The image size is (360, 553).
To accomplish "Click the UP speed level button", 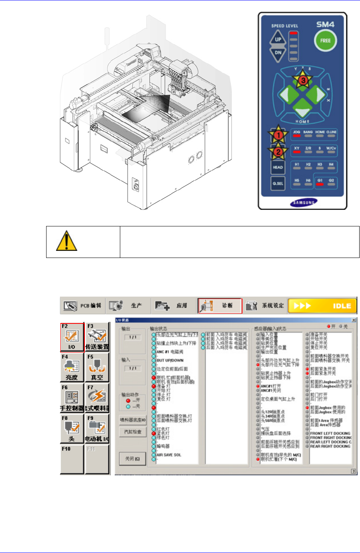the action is pyautogui.click(x=278, y=39).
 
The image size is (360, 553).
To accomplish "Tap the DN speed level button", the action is pyautogui.click(x=278, y=52).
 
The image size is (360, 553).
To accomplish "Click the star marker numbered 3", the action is pyautogui.click(x=302, y=80).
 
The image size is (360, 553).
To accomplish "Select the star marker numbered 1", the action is pyautogui.click(x=278, y=135).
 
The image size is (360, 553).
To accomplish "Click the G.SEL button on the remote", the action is pyautogui.click(x=278, y=183).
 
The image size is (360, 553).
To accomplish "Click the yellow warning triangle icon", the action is pyautogui.click(x=66, y=241).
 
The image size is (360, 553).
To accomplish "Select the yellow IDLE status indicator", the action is pyautogui.click(x=323, y=306).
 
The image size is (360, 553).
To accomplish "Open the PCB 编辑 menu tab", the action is pyautogui.click(x=83, y=306).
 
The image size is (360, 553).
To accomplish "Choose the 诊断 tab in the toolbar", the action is pyautogui.click(x=220, y=306).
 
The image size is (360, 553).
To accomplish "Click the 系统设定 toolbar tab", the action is pyautogui.click(x=265, y=306).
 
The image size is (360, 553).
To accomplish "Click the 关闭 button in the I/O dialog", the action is pyautogui.click(x=132, y=459).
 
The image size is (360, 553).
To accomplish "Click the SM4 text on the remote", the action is pyautogui.click(x=325, y=24).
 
